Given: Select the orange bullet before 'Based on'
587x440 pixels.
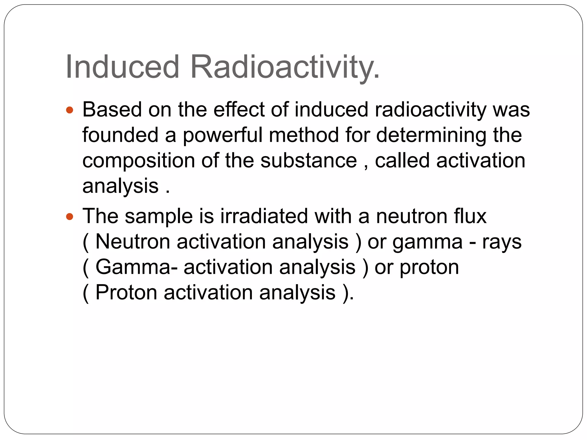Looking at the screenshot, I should coord(70,110).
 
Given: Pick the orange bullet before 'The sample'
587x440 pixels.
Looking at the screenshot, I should coord(70,216).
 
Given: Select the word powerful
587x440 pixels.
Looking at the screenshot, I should coord(222,135).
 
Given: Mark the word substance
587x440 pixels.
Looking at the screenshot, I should coord(309,160).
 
